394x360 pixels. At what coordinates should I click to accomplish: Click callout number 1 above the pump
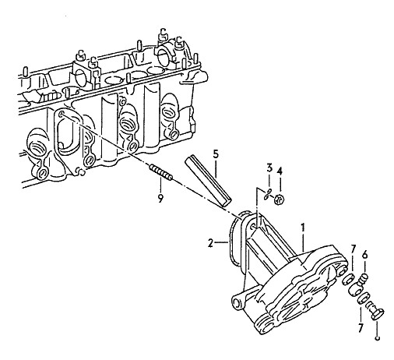pos(302,228)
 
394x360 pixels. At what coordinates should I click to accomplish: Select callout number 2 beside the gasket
pos(210,243)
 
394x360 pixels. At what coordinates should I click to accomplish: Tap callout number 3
pos(269,168)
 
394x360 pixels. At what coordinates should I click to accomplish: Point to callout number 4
pos(280,171)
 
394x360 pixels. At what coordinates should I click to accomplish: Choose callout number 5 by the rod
pos(216,154)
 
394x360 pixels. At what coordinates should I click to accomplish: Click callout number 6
pos(364,255)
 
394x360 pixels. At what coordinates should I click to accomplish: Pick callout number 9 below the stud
pos(160,199)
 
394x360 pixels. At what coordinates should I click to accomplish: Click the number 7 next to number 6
pos(353,249)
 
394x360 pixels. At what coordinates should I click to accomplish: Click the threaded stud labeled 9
pos(161,172)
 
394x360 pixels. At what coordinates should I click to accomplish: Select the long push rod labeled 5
pos(208,181)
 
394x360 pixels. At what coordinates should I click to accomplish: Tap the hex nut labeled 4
pos(280,199)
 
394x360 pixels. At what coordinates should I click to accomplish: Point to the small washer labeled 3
pos(267,195)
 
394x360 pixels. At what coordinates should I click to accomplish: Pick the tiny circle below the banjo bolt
pos(378,338)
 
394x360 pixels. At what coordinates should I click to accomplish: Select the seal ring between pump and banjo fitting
pos(347,279)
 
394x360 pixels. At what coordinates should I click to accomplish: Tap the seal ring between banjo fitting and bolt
pos(364,298)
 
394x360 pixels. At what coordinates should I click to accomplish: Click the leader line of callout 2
pos(220,242)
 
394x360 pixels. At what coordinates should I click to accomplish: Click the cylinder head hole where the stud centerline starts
pos(62,114)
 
